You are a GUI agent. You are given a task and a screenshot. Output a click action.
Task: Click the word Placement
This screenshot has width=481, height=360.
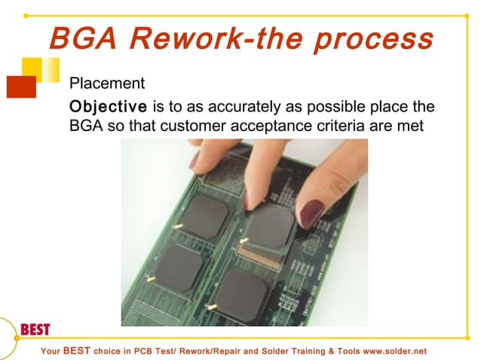106,82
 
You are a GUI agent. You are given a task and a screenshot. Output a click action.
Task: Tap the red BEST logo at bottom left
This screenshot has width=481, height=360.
35,329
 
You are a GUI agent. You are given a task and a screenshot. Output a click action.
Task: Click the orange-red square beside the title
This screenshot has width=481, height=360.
20,87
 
